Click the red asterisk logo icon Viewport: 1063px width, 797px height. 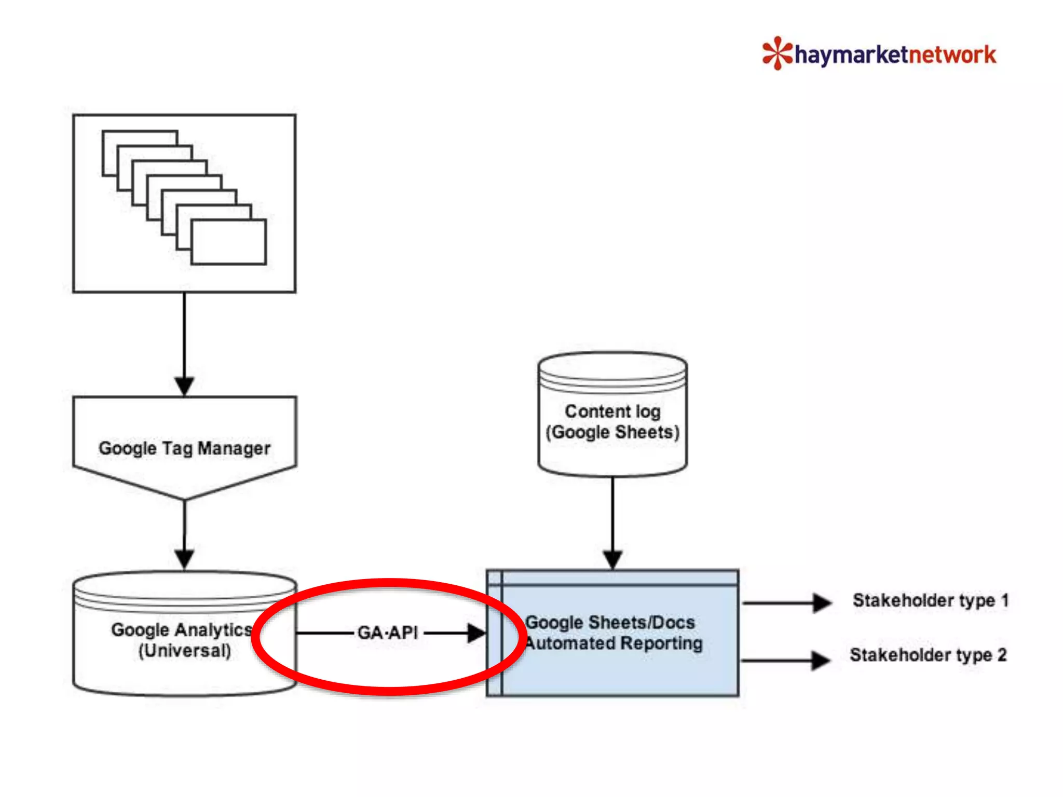[x=777, y=53]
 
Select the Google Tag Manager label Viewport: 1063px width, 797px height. [x=184, y=448]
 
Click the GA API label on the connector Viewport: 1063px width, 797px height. [x=388, y=633]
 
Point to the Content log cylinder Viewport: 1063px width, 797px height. [x=612, y=415]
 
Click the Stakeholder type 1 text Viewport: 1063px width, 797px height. [x=930, y=600]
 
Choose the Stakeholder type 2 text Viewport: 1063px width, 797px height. [x=928, y=655]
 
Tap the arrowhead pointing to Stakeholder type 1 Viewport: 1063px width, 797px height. [x=822, y=603]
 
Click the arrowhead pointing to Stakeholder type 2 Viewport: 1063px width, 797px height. [x=821, y=661]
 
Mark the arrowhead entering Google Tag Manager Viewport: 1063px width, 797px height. [x=184, y=386]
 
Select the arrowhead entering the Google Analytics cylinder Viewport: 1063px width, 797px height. [x=184, y=559]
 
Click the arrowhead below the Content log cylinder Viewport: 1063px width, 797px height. [x=612, y=559]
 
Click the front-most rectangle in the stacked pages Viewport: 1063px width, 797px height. [x=228, y=242]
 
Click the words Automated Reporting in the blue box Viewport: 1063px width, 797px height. [x=614, y=643]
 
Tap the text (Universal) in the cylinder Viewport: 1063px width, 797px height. [x=185, y=651]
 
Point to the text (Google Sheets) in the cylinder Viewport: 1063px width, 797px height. [x=612, y=432]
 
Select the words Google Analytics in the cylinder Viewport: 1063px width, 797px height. [x=181, y=629]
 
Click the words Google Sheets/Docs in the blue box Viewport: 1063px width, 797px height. [x=610, y=622]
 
